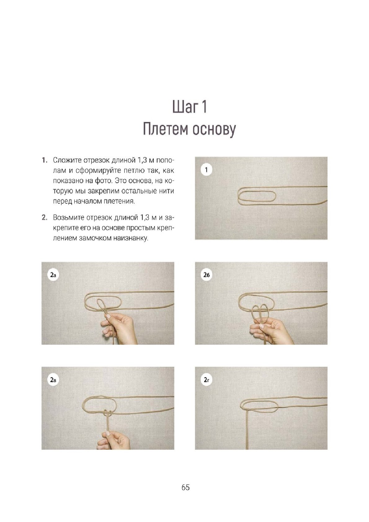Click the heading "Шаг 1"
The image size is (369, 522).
pos(190,107)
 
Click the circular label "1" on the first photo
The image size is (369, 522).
pos(206,170)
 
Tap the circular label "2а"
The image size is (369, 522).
pos(53,275)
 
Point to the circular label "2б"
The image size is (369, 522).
pos(207,275)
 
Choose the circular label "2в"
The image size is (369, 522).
pos(53,380)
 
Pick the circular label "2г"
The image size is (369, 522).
pos(207,380)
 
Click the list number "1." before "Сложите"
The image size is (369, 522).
pos(45,160)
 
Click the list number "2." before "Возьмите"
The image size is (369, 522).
pos(45,218)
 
